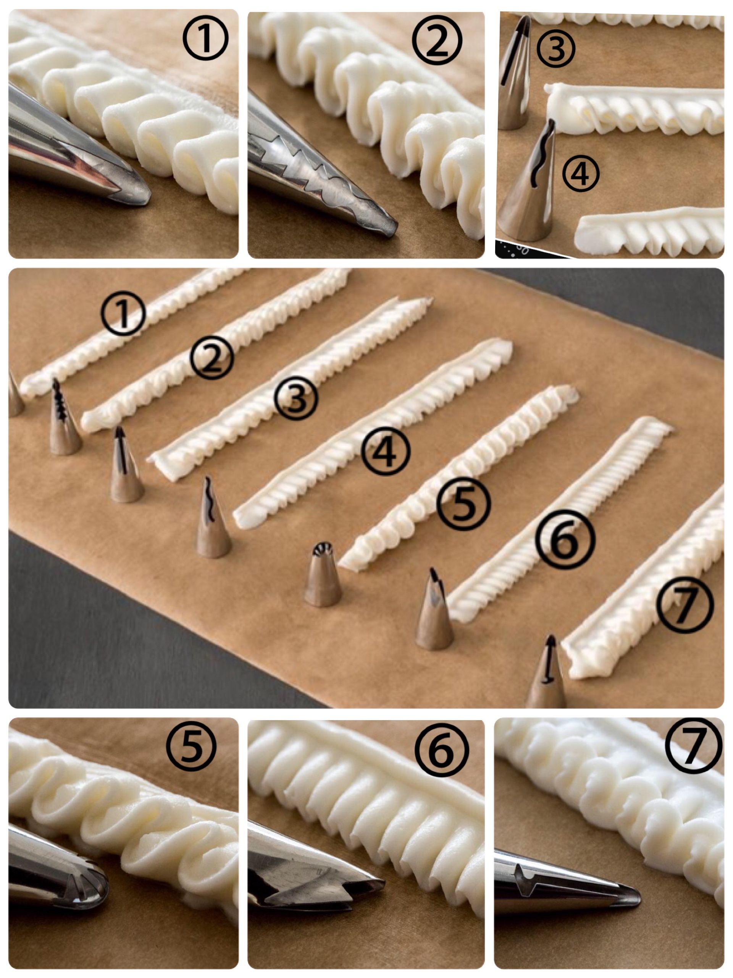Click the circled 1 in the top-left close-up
(x=205, y=39)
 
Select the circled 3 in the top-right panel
(x=556, y=49)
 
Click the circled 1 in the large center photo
(x=123, y=313)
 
